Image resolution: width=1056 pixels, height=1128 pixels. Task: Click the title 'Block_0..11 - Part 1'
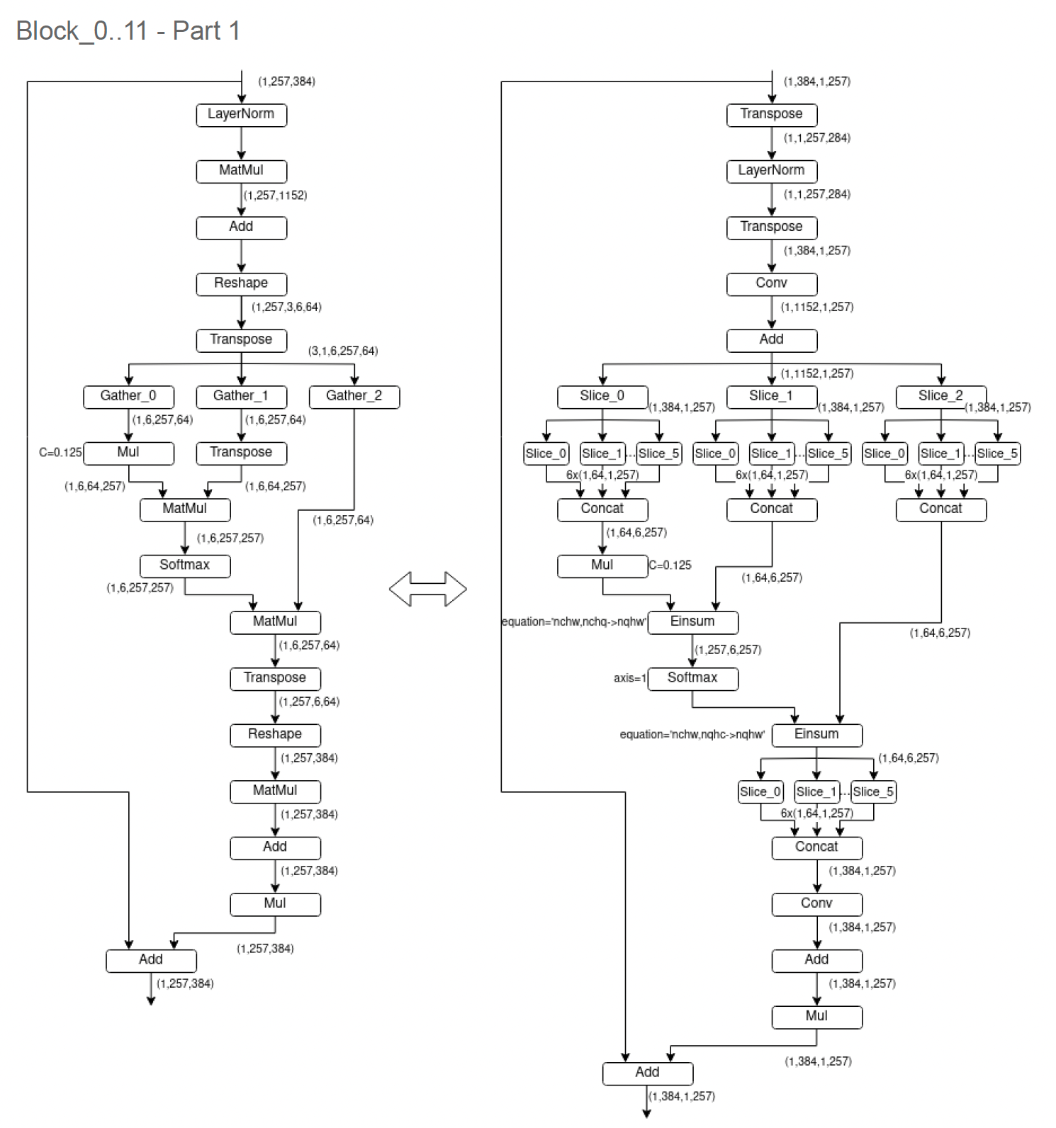(128, 31)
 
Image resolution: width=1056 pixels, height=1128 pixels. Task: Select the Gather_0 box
(128, 396)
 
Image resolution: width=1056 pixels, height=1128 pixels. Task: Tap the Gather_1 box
(241, 396)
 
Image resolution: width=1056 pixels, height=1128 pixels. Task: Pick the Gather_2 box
(354, 396)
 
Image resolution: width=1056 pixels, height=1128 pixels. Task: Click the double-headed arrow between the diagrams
(428, 589)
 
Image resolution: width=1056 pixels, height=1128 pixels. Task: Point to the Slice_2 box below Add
(940, 396)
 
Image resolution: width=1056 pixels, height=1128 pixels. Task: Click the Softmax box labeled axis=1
(692, 678)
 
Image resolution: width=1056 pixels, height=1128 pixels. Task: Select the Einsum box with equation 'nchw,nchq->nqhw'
(692, 621)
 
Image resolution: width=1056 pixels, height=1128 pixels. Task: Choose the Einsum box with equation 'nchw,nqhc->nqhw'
(816, 735)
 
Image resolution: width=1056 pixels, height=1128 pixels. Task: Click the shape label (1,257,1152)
(276, 196)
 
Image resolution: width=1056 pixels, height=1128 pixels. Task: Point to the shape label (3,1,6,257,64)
(343, 351)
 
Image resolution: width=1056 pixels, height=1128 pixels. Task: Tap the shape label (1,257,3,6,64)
(286, 308)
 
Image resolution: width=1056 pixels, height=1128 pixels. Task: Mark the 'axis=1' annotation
(630, 679)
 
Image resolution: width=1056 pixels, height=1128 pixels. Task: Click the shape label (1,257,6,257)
(728, 650)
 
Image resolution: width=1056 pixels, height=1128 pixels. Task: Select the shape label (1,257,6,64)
(309, 701)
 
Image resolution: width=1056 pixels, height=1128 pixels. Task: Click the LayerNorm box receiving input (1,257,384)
(241, 114)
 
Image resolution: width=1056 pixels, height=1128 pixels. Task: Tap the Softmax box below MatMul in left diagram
(185, 565)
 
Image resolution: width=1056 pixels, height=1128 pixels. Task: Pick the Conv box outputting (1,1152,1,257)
(772, 283)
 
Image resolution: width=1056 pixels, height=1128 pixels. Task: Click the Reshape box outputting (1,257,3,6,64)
(241, 283)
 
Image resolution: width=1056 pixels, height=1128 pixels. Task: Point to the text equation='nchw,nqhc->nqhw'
(692, 735)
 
